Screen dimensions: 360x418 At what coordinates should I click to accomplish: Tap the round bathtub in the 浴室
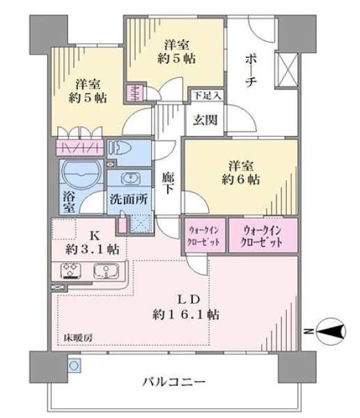(x=81, y=174)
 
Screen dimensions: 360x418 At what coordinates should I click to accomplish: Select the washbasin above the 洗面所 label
(x=131, y=178)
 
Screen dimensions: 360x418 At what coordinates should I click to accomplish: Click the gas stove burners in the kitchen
(x=71, y=270)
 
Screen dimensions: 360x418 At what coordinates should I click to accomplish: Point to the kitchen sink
(x=106, y=270)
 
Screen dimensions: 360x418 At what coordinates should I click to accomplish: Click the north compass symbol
(x=331, y=332)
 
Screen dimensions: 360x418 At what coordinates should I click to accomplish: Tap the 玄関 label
(x=205, y=120)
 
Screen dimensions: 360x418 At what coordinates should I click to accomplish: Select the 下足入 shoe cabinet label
(x=208, y=95)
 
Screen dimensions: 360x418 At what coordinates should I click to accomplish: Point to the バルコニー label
(x=174, y=382)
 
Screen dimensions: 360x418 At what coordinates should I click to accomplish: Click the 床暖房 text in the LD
(x=78, y=338)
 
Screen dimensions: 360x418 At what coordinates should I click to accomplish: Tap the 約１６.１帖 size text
(x=186, y=315)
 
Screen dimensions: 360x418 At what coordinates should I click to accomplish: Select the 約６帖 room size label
(x=241, y=180)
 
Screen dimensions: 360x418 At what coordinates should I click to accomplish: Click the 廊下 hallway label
(x=168, y=183)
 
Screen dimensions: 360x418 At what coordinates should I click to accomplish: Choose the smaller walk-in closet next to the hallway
(x=205, y=235)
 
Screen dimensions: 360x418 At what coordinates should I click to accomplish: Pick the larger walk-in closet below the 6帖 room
(x=263, y=235)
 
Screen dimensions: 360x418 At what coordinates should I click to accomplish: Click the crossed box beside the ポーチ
(x=287, y=70)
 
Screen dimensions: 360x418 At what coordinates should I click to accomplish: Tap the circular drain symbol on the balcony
(x=74, y=366)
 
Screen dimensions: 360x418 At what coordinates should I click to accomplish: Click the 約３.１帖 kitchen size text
(x=92, y=249)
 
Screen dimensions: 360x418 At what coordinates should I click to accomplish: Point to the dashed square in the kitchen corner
(x=64, y=229)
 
